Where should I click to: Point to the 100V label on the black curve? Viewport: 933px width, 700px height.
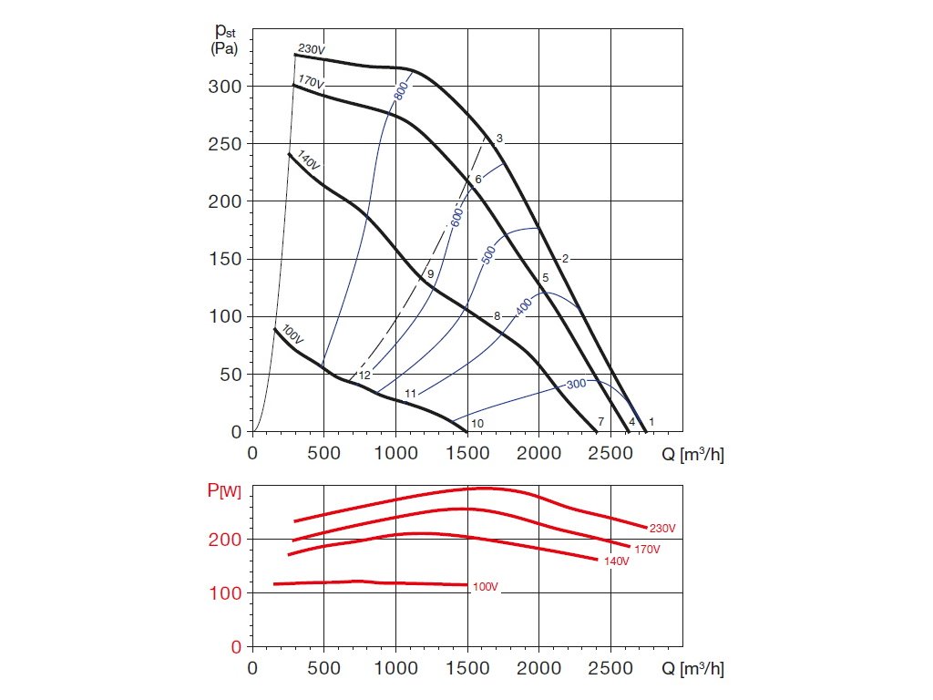click(292, 333)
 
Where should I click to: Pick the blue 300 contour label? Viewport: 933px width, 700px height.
click(576, 385)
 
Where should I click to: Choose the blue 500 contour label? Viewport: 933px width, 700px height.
click(488, 255)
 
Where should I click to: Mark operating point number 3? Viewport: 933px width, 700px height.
click(499, 139)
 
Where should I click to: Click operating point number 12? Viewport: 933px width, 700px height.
click(364, 375)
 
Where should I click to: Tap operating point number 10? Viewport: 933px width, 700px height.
click(477, 423)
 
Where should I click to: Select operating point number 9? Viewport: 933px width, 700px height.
click(430, 273)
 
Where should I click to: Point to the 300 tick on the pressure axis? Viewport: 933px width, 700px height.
click(226, 87)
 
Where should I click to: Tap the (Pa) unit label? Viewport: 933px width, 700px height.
click(223, 49)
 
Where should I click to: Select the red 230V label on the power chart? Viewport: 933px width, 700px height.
click(662, 529)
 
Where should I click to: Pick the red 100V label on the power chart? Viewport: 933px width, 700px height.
click(485, 587)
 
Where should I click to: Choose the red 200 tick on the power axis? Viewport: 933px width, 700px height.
click(226, 540)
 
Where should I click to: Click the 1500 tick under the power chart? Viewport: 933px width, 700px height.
click(467, 668)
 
